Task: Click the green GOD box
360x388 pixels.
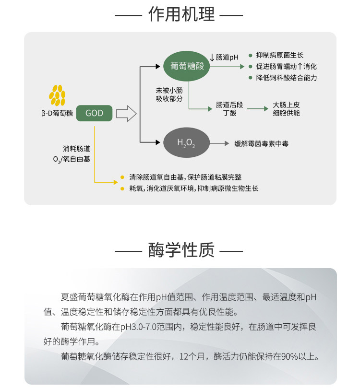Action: click(x=94, y=114)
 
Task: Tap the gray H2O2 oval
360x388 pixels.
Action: click(x=186, y=143)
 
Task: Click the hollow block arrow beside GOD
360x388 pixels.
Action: click(x=126, y=114)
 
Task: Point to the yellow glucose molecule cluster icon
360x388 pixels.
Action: click(x=57, y=95)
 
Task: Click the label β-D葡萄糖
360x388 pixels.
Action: click(x=57, y=114)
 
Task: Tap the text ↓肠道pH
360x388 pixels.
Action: click(x=224, y=57)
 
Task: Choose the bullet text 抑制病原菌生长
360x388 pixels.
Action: click(x=280, y=55)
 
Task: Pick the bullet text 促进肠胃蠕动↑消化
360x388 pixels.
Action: click(x=287, y=66)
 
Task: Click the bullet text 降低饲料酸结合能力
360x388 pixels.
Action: click(x=287, y=77)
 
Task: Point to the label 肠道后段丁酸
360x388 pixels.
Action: click(x=226, y=108)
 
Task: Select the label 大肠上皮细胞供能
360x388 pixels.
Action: click(x=286, y=108)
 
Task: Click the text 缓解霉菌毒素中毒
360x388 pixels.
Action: click(x=261, y=143)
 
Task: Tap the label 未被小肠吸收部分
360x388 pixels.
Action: click(x=169, y=94)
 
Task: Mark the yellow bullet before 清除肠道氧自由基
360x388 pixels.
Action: click(x=122, y=177)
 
